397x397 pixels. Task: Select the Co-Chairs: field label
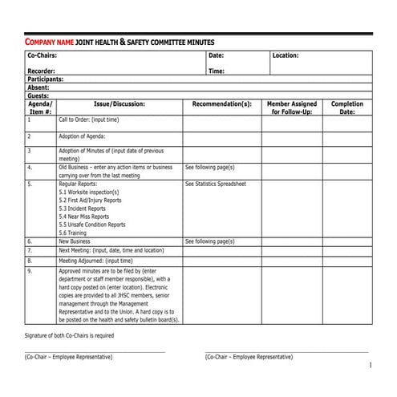(43, 56)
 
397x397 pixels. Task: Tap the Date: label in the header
(217, 56)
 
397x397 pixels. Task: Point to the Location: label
(286, 56)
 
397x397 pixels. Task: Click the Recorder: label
(42, 71)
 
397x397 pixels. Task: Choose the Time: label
(217, 71)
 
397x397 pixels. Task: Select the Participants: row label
(46, 79)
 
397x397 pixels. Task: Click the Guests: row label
(38, 95)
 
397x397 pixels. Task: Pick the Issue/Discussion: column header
(119, 104)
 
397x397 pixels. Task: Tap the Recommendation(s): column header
(222, 104)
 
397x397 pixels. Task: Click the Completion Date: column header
(347, 108)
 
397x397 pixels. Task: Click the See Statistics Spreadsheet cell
(216, 184)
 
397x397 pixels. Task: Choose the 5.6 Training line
(73, 233)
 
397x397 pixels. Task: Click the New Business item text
(75, 241)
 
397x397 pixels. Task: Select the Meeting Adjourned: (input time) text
(96, 261)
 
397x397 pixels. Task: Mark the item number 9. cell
(30, 272)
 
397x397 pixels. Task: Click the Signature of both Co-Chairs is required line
(70, 335)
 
